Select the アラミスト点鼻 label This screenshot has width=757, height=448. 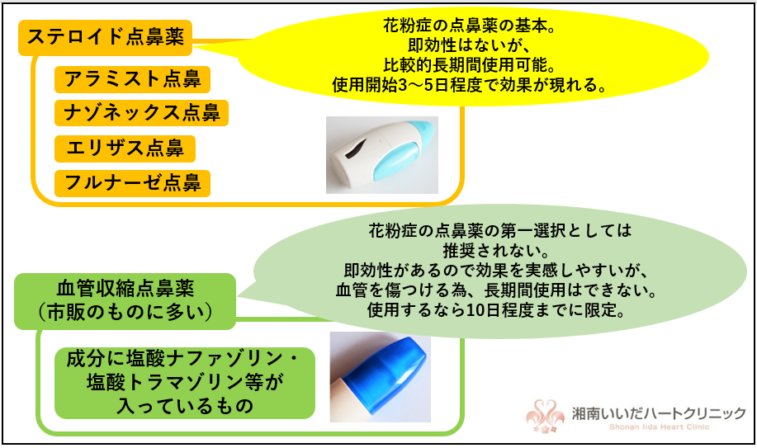point(132,79)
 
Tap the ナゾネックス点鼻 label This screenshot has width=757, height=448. point(141,113)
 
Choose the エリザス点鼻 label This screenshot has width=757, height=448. point(125,149)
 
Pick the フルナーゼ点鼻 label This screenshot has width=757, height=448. point(132,182)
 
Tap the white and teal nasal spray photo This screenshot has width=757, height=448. point(381,154)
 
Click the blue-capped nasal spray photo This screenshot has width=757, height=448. point(379,376)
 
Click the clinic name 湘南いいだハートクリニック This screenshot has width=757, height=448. point(660,410)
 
